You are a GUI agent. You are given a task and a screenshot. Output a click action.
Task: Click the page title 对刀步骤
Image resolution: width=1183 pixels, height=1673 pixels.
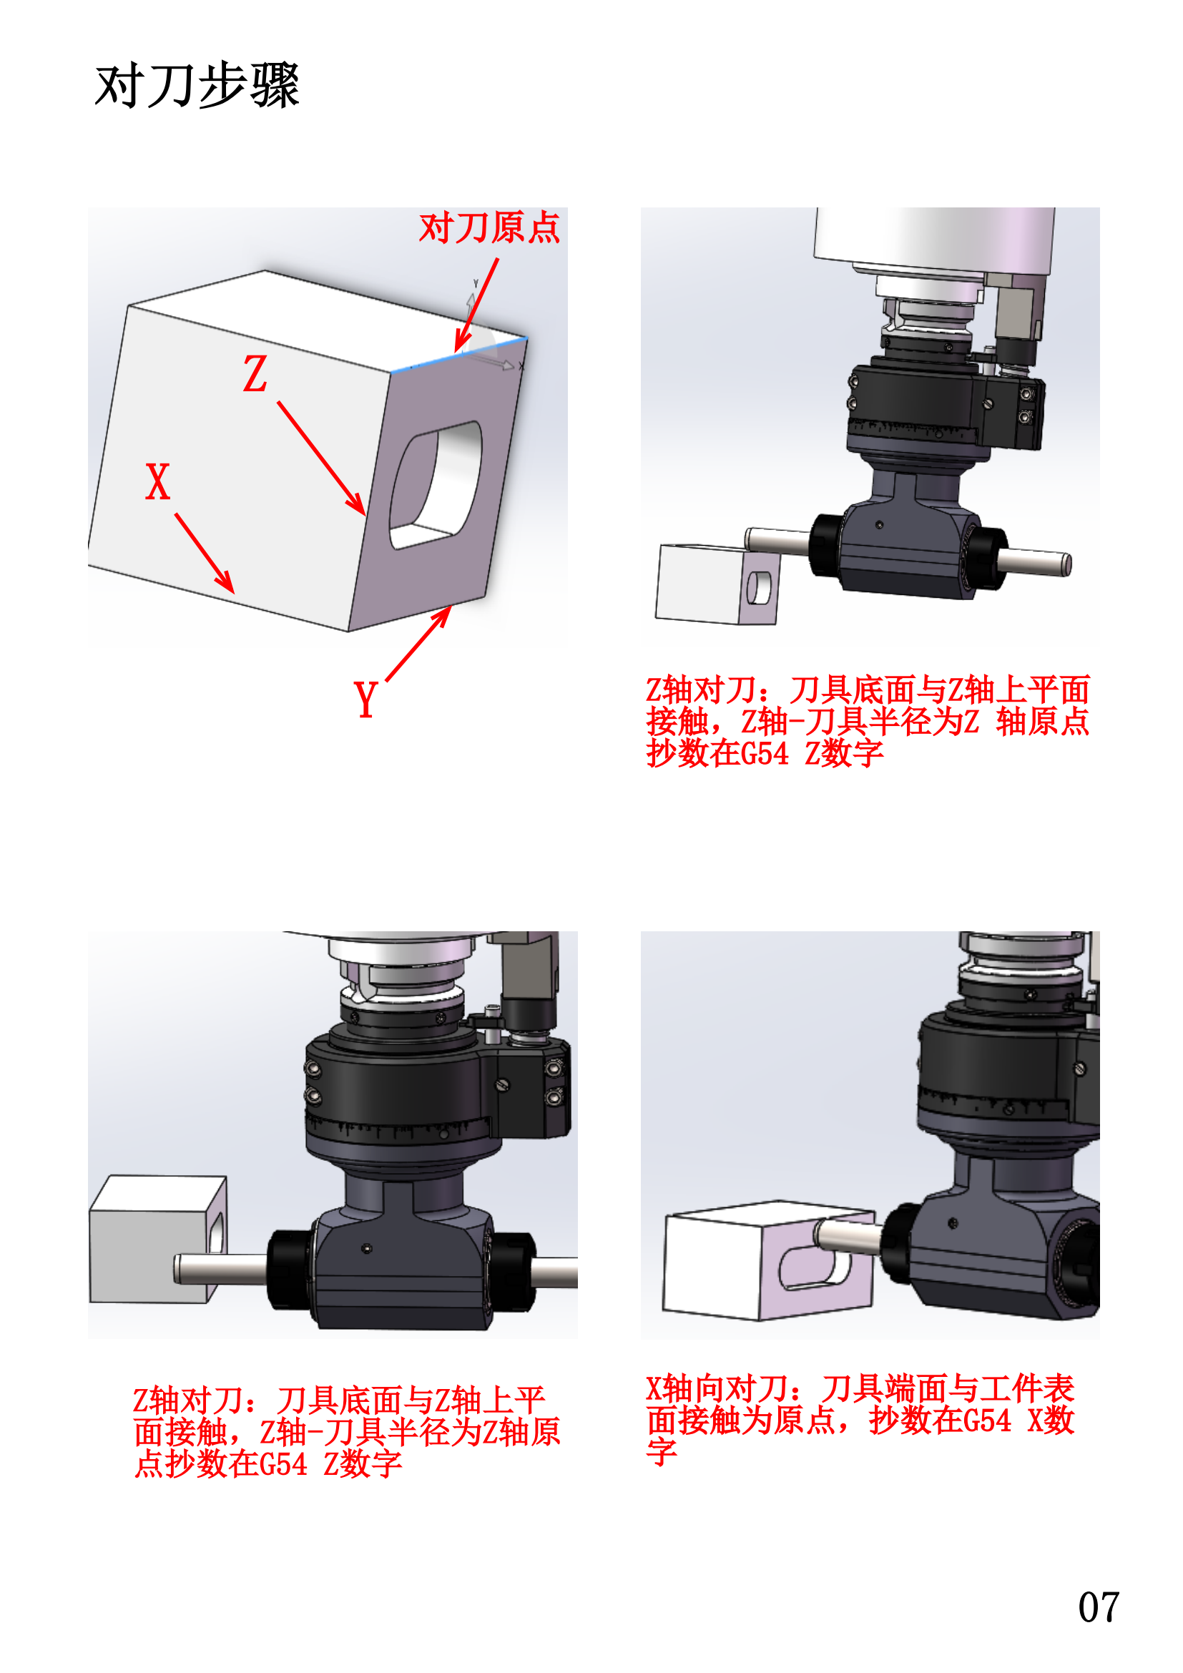tap(197, 86)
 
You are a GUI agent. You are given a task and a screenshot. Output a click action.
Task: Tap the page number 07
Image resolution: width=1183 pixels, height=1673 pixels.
tap(1098, 1607)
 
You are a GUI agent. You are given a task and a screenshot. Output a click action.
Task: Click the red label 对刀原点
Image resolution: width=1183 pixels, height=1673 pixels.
tap(489, 228)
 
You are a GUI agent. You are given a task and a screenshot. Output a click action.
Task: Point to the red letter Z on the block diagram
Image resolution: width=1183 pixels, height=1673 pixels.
tap(255, 375)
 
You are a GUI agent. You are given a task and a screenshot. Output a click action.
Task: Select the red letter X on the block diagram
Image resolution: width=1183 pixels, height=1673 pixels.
tap(157, 482)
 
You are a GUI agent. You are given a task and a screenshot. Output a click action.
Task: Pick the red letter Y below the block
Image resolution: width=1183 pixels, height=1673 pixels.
tap(365, 700)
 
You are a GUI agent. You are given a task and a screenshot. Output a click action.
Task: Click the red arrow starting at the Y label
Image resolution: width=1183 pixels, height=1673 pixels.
tap(418, 644)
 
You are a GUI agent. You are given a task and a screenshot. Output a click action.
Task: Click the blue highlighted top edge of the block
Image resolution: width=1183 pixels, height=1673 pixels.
tap(459, 355)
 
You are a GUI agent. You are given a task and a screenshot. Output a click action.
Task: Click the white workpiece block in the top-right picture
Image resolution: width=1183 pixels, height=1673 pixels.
tap(698, 583)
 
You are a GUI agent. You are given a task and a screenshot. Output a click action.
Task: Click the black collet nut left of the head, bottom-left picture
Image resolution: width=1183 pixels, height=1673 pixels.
tap(290, 1270)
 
